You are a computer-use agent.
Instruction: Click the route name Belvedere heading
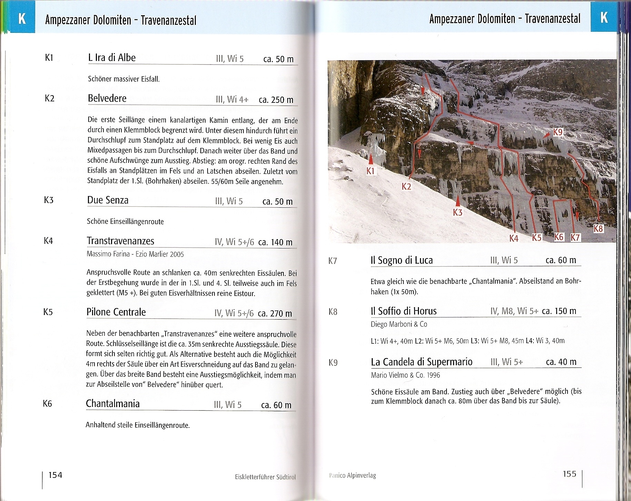[x=107, y=98]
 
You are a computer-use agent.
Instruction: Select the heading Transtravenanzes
[x=120, y=241]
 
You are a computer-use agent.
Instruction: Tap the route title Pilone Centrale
[x=116, y=312]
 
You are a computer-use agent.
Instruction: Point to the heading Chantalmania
[x=113, y=404]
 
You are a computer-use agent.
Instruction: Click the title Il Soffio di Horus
[x=403, y=311]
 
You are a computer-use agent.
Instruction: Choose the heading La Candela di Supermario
[x=421, y=362]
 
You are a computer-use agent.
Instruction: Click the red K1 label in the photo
[x=370, y=171]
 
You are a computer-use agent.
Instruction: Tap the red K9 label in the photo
[x=558, y=132]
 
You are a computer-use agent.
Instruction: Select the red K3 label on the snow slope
[x=458, y=212]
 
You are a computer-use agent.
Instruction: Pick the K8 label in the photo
[x=599, y=228]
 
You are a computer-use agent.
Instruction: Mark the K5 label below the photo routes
[x=537, y=237]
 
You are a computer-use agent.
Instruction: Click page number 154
[x=55, y=475]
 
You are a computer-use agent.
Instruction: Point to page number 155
[x=569, y=474]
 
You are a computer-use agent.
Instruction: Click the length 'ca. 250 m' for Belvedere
[x=276, y=100]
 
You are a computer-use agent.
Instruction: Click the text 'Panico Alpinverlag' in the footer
[x=352, y=475]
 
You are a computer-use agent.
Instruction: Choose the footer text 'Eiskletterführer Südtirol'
[x=265, y=477]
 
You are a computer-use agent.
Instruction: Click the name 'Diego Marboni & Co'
[x=399, y=324]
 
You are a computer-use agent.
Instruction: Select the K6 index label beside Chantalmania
[x=48, y=403]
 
